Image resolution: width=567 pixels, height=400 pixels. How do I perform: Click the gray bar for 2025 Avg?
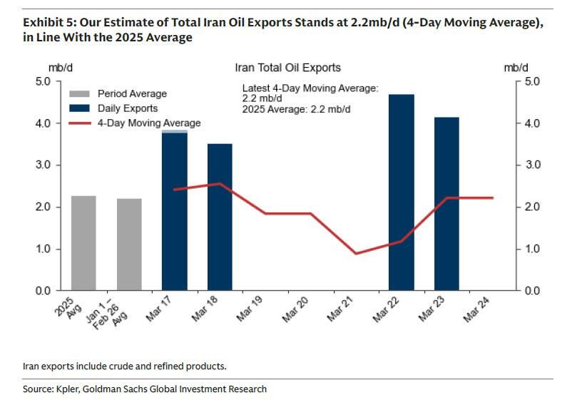(x=83, y=243)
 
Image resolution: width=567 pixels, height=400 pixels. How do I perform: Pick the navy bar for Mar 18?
(x=220, y=217)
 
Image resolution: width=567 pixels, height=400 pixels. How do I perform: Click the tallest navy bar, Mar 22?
(x=402, y=193)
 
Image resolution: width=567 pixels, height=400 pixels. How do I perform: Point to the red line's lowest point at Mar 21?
(x=356, y=253)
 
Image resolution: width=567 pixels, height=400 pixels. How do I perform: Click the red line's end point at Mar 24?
(x=492, y=198)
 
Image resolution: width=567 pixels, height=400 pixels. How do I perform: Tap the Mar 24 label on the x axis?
(x=476, y=307)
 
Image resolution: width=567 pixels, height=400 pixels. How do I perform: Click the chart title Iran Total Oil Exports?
(x=287, y=68)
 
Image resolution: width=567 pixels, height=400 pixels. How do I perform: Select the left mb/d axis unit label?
(x=58, y=68)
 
